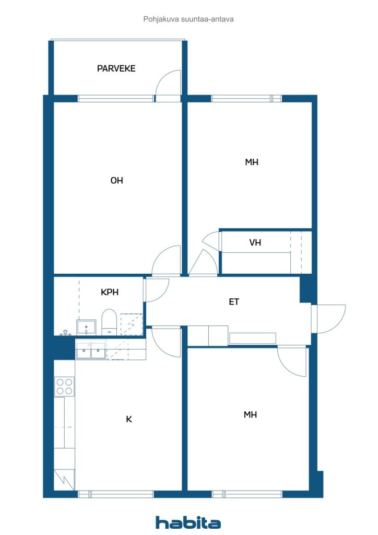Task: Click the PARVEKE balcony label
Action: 116,68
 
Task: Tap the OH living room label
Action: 116,180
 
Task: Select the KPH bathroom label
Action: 110,292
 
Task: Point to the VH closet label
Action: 255,242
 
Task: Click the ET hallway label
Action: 234,301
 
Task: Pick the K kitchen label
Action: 129,419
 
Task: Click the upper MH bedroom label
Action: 252,162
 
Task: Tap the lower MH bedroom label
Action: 250,415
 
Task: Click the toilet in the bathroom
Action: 109,322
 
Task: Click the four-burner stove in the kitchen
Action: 64,386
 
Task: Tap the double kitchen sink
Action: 91,351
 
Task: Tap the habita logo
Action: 188,522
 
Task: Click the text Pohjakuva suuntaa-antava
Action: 188,19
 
